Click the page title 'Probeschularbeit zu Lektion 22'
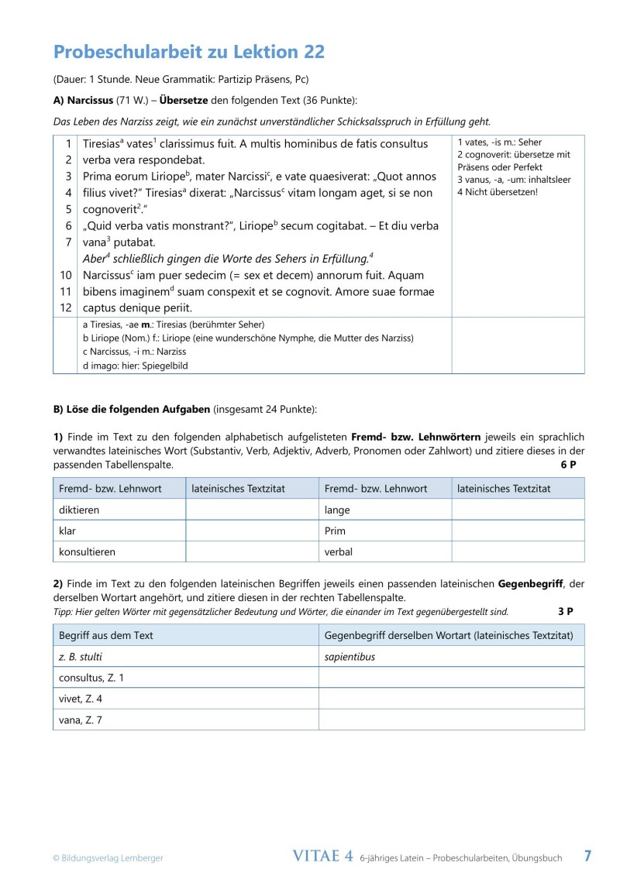coord(188,52)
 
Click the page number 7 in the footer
coord(587,856)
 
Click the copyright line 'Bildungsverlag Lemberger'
coord(108,857)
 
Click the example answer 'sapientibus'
coord(350,657)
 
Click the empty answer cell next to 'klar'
coord(252,531)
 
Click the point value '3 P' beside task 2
coord(565,611)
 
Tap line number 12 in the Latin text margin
coord(66,308)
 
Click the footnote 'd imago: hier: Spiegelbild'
coord(135,365)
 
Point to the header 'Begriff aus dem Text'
coord(106,635)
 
